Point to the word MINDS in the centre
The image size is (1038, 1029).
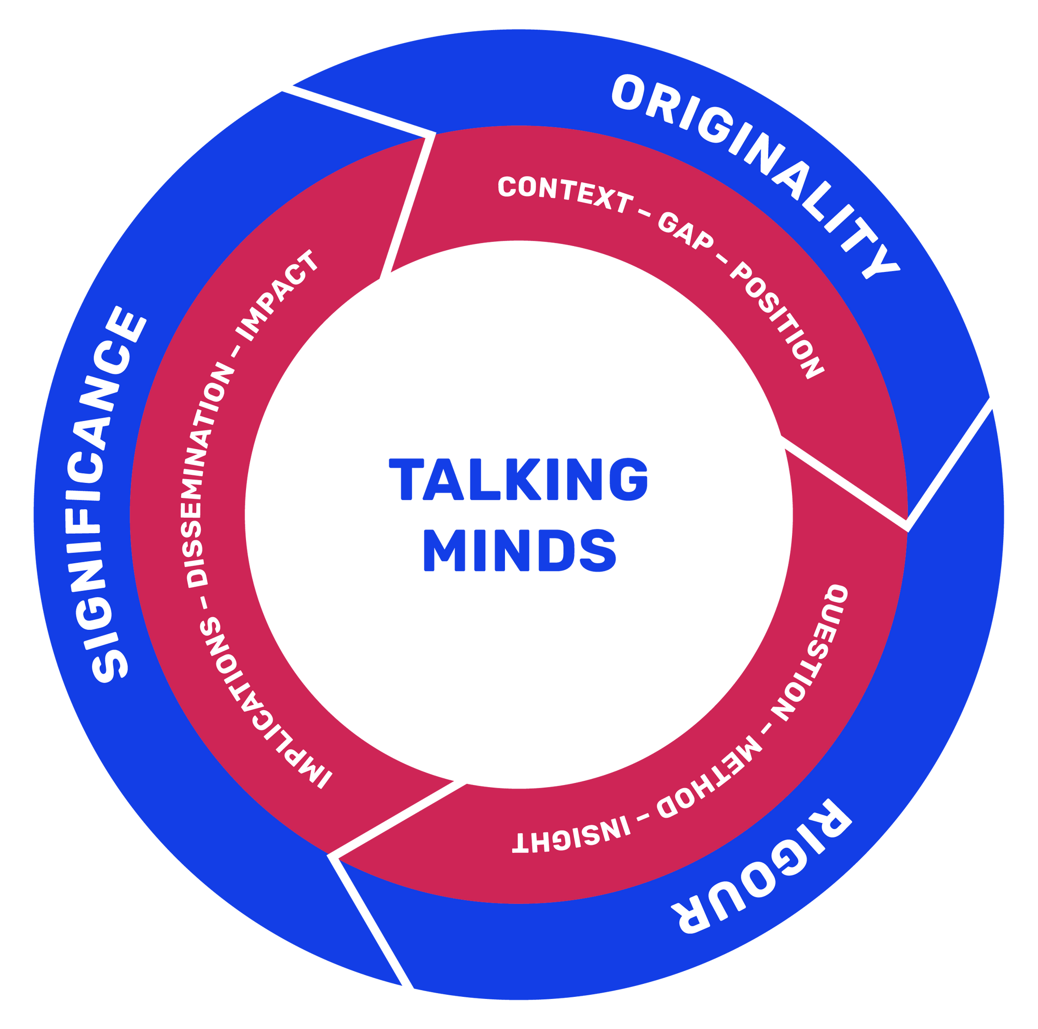519,551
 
